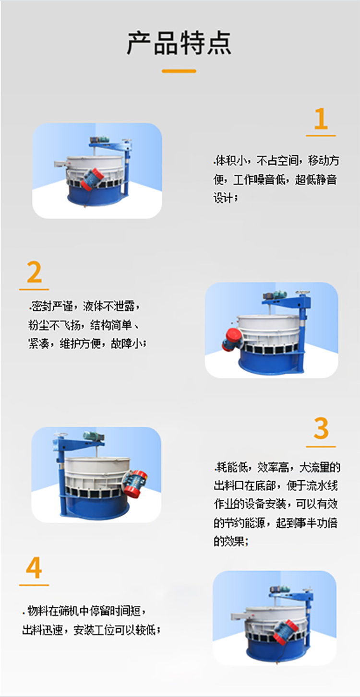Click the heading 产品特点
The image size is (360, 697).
tap(179, 43)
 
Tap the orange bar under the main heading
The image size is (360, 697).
tap(179, 71)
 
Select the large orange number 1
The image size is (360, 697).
tap(321, 119)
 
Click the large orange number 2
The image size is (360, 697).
tap(34, 273)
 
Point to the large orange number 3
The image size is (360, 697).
tap(321, 428)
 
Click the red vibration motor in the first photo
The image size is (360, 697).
tap(91, 179)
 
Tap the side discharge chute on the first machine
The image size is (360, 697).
tap(61, 164)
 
